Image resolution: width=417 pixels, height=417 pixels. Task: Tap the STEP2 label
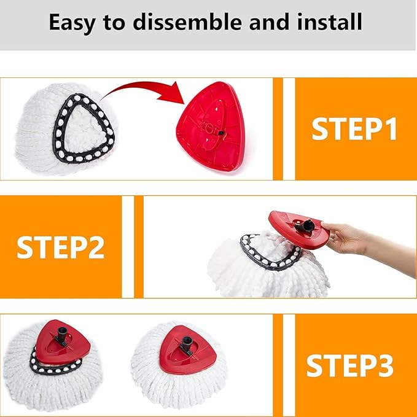(x=60, y=247)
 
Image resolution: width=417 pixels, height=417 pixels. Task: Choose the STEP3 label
(x=349, y=365)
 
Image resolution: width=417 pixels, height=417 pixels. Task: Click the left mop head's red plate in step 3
(x=62, y=347)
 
